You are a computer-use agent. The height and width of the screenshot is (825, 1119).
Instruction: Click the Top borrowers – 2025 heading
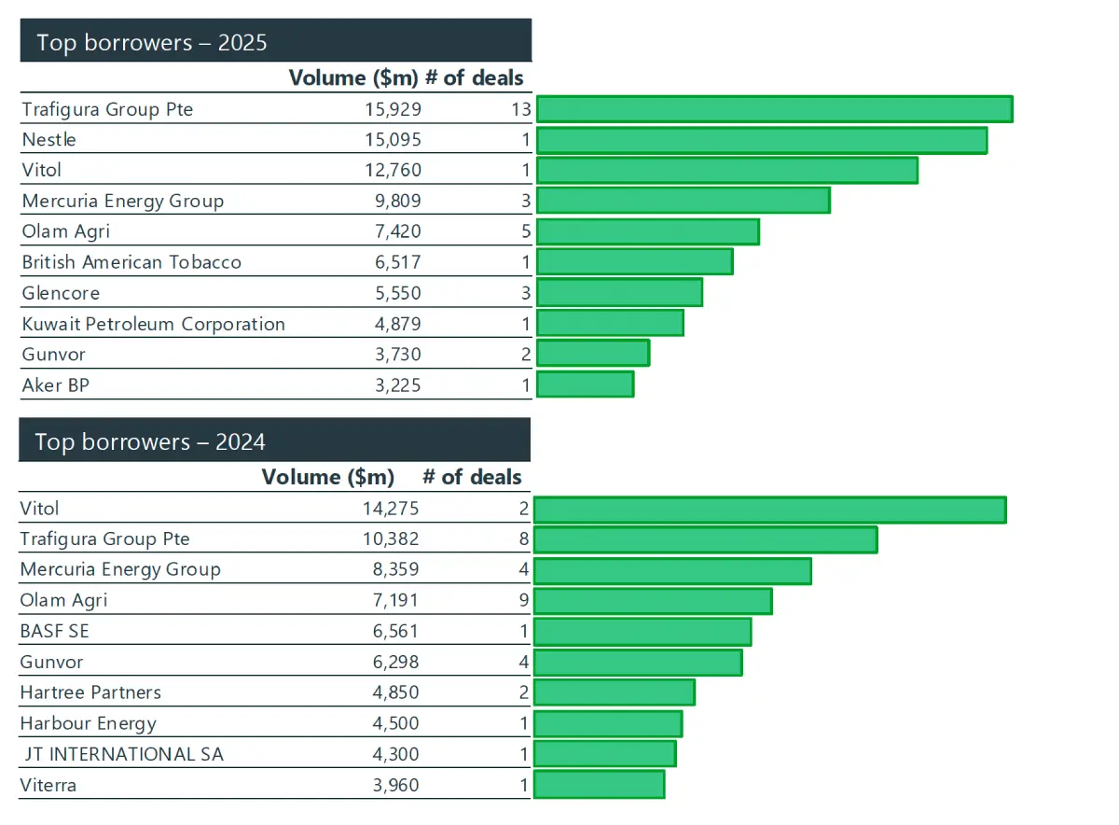pos(152,43)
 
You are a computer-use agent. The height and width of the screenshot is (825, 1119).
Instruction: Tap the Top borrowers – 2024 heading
pos(150,442)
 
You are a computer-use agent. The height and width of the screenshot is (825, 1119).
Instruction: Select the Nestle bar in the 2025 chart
pos(762,140)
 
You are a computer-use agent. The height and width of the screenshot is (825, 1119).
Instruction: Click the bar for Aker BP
pos(586,385)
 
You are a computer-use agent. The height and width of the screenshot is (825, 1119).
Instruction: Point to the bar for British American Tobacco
pos(635,261)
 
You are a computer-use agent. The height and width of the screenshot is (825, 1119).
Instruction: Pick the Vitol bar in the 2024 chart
pos(770,510)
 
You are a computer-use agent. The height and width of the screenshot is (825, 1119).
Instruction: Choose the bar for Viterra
pos(599,785)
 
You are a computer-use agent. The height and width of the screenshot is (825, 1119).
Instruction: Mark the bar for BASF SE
pos(642,632)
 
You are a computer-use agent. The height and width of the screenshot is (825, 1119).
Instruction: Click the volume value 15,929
pos(394,109)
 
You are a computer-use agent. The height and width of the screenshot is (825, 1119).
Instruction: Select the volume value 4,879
pos(398,324)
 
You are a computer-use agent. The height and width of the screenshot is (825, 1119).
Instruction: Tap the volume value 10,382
pos(391,539)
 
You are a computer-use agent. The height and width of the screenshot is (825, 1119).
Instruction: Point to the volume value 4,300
pos(395,754)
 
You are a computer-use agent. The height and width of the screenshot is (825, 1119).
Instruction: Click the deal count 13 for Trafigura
pos(521,109)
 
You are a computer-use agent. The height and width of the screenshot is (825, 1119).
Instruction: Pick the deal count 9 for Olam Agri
pos(523,600)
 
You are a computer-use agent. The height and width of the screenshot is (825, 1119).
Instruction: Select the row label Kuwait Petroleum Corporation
pos(153,324)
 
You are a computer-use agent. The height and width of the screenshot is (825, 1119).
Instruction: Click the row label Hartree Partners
pos(90,692)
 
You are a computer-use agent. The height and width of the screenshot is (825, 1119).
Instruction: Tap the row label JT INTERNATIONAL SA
pos(124,754)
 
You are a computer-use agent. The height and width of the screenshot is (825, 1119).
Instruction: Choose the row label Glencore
pos(61,293)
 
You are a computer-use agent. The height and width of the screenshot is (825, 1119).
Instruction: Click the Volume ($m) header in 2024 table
pos(328,477)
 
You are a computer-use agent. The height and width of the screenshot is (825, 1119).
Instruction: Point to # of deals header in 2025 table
pos(474,78)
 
